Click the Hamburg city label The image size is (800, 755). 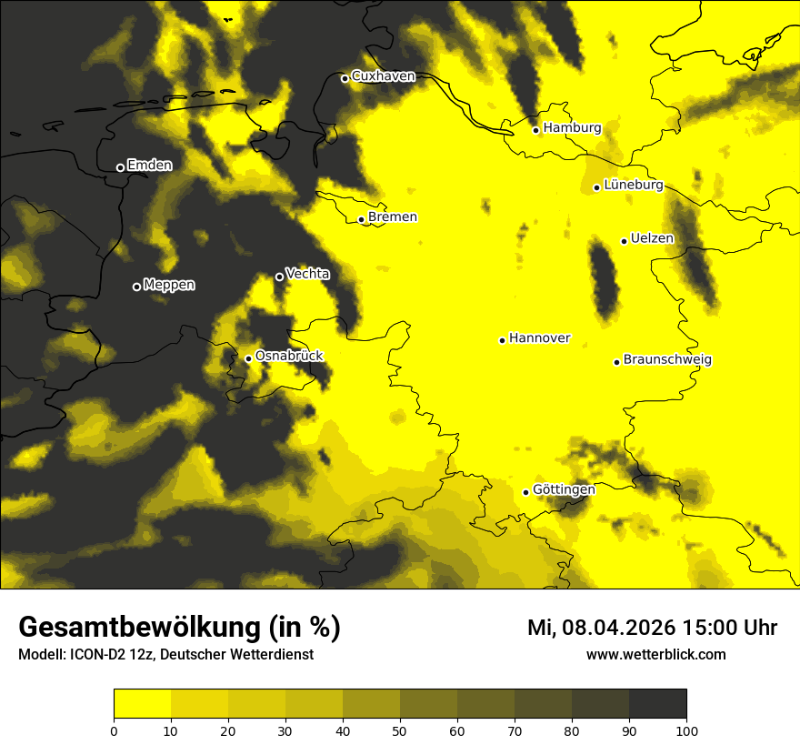(x=572, y=128)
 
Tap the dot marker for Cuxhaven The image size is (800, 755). (x=345, y=78)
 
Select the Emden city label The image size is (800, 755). (x=149, y=166)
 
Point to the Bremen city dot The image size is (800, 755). (x=361, y=219)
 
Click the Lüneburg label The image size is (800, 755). (x=633, y=186)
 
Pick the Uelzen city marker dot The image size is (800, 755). (x=624, y=241)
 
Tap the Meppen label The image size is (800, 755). (x=169, y=286)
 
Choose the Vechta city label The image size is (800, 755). (x=307, y=274)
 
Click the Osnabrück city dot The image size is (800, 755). (x=248, y=358)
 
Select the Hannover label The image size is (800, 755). (x=539, y=338)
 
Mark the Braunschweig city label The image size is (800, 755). (x=667, y=360)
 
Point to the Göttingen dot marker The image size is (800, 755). (x=525, y=492)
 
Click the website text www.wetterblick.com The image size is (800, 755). (x=656, y=655)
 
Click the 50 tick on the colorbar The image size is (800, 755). (x=400, y=730)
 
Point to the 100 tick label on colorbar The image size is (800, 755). (x=686, y=730)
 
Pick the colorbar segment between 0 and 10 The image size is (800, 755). (x=142, y=704)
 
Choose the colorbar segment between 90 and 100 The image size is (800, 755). (x=657, y=704)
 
